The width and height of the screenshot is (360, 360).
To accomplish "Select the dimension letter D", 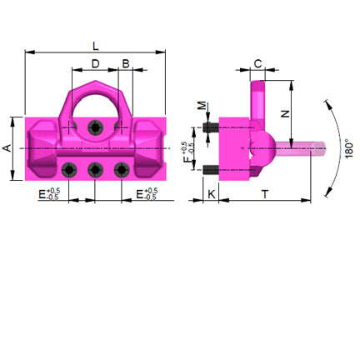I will pyautogui.click(x=95, y=64).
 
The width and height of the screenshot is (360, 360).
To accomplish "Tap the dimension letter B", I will pyautogui.click(x=126, y=64).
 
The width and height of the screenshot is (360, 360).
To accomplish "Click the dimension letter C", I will pyautogui.click(x=258, y=63).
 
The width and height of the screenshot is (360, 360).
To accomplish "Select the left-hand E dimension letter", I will pyautogui.click(x=42, y=194).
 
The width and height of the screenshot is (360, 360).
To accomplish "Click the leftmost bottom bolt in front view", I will pyautogui.click(x=69, y=170).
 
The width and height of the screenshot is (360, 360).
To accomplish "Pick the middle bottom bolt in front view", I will pyautogui.click(x=96, y=170).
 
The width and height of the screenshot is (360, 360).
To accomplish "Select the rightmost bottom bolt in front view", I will pyautogui.click(x=122, y=170).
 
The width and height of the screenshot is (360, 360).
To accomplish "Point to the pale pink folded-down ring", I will pyautogui.click(x=296, y=150).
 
